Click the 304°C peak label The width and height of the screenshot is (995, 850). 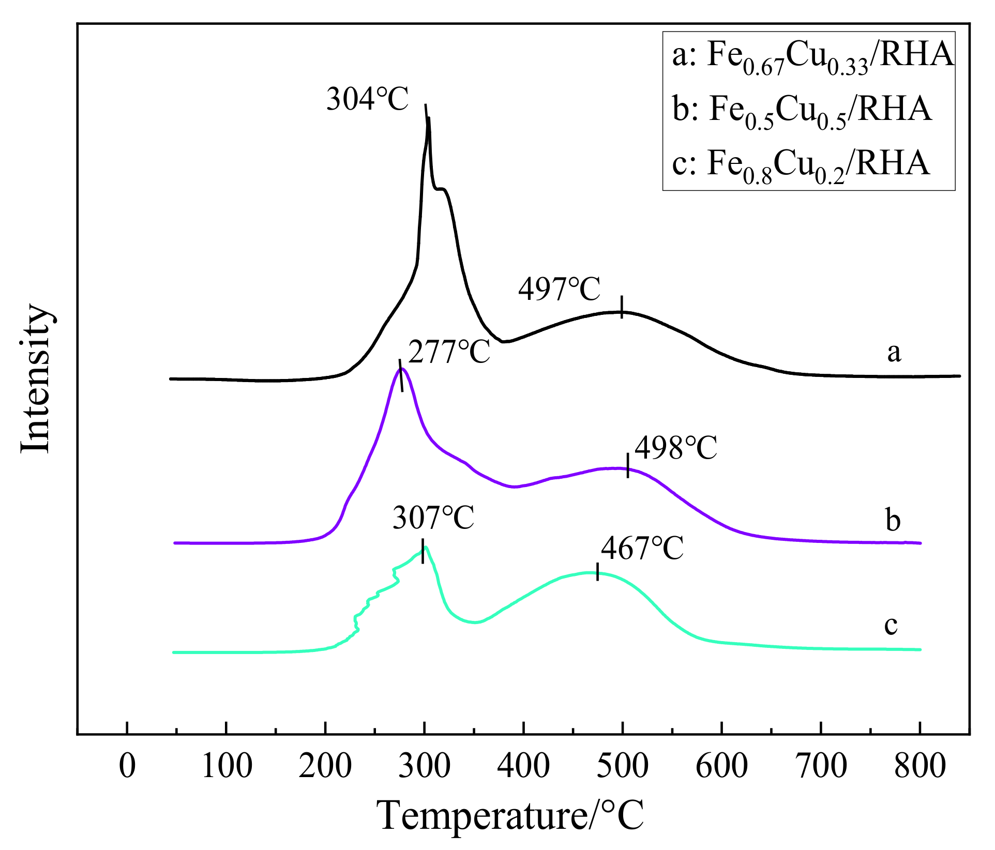point(367,99)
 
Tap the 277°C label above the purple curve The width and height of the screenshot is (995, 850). point(449,353)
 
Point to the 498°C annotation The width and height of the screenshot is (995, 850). point(676,448)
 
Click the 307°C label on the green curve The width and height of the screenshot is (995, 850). point(433,518)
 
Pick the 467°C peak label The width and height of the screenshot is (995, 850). point(642,549)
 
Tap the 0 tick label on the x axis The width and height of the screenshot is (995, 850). point(127,766)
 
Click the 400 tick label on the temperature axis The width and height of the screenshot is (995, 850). point(523,766)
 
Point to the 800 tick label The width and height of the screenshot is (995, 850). point(920,766)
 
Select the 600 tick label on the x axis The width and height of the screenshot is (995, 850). point(721,766)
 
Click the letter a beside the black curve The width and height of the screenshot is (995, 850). point(894,353)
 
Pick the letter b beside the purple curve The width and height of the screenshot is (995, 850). point(893,520)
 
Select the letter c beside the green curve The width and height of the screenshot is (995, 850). point(891,625)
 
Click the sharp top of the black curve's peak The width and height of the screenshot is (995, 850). point(429,119)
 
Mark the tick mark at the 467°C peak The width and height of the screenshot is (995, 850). point(598,572)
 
